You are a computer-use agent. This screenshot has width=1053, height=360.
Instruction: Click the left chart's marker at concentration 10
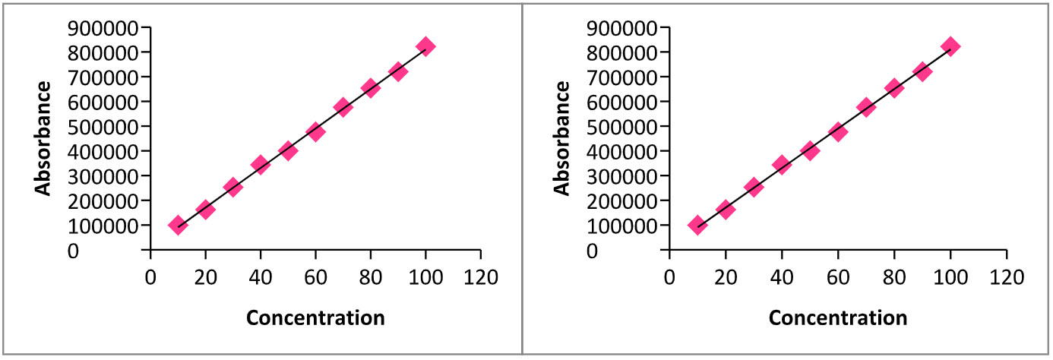tap(178, 225)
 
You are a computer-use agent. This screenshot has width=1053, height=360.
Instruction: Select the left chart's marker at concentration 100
tap(425, 46)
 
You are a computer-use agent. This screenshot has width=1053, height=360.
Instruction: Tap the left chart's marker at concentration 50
tap(288, 150)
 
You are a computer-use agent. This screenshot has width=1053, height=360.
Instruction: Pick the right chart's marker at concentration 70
tap(866, 107)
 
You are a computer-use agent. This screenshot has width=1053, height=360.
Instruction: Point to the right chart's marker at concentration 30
tap(754, 187)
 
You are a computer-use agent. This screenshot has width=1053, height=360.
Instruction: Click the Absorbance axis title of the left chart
tap(45, 138)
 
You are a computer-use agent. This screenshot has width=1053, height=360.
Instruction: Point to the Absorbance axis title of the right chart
tap(563, 138)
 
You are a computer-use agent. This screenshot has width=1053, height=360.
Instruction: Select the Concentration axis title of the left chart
tap(315, 317)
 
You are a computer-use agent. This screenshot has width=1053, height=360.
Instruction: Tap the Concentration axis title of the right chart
tap(838, 317)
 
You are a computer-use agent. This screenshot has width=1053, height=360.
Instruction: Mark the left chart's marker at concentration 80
tap(371, 88)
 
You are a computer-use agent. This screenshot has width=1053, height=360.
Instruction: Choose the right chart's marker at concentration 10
tap(697, 225)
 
